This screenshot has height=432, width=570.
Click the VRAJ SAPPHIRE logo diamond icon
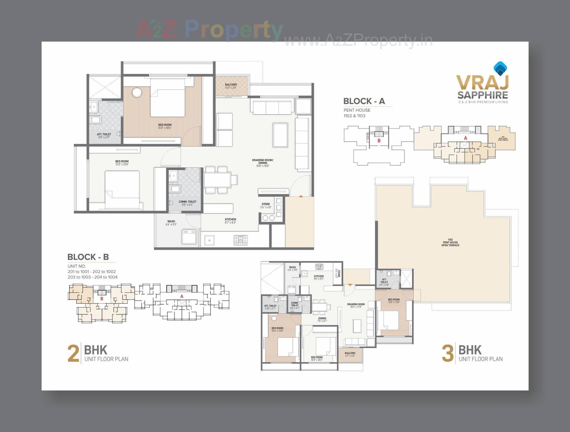500,69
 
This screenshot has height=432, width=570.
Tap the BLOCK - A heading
364,101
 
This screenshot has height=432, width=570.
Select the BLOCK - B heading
88,257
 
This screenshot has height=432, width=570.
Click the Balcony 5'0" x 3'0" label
231,86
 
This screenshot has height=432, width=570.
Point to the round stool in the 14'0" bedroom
137,92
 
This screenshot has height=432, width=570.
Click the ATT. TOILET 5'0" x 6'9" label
104,136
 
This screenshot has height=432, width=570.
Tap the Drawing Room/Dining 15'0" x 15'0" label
263,163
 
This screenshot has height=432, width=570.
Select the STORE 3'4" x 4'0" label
266,205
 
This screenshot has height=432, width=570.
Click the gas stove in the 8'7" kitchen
240,240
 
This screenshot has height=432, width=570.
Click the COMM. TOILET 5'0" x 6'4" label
187,203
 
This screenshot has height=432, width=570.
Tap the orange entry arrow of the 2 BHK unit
301,196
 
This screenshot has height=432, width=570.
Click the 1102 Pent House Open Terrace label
450,242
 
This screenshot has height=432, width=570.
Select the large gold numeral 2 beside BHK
73,353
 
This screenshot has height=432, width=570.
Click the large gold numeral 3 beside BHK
448,353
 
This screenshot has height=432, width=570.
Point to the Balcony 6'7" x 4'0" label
350,354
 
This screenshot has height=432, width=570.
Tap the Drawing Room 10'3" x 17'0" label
356,306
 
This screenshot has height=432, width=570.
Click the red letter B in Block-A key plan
379,141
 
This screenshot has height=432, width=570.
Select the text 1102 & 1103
354,116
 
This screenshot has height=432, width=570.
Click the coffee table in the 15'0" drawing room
280,135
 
